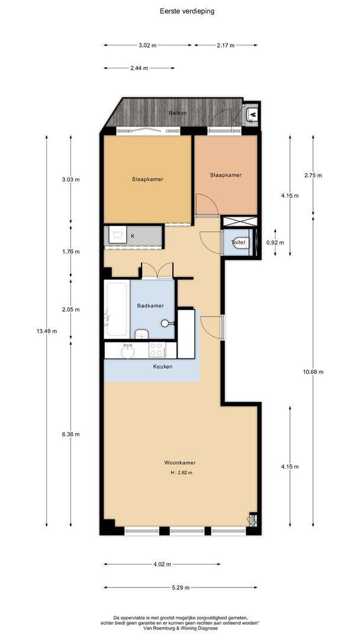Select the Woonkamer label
tap(181, 463)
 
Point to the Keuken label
tap(163, 367)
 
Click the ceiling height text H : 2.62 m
tap(181, 473)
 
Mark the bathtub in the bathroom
tap(116, 309)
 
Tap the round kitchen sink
tap(127, 351)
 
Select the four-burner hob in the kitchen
tap(157, 350)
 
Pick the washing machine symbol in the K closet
tap(118, 235)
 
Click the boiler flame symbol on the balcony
tap(252, 112)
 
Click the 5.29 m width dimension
tap(180, 588)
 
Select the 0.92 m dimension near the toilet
tap(275, 243)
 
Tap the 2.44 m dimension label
tap(139, 68)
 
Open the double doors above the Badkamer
tap(157, 270)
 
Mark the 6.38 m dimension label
tap(70, 434)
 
